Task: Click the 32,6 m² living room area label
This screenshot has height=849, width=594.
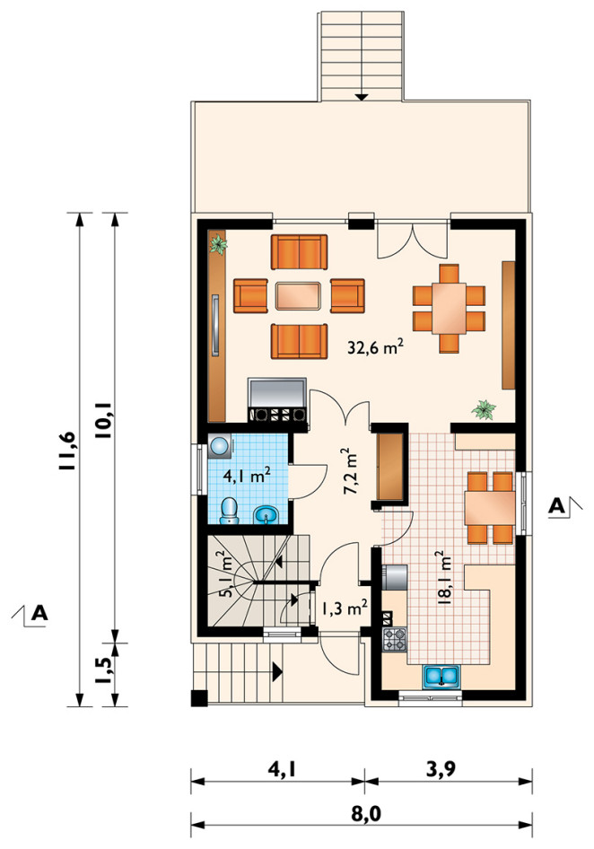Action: pyautogui.click(x=375, y=346)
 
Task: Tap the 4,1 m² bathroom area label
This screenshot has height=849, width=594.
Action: pyautogui.click(x=248, y=476)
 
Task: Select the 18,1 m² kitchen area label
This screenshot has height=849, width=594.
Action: pyautogui.click(x=443, y=577)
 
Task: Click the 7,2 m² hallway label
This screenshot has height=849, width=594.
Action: pyautogui.click(x=351, y=470)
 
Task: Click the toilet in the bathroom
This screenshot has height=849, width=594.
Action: pyautogui.click(x=229, y=512)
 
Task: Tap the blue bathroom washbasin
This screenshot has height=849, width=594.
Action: pyautogui.click(x=266, y=514)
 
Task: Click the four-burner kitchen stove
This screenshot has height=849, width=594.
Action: pyautogui.click(x=394, y=640)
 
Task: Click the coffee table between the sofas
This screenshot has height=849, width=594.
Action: pyautogui.click(x=299, y=295)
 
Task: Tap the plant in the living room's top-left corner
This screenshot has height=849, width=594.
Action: pyautogui.click(x=219, y=244)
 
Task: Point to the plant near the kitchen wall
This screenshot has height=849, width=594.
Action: pyautogui.click(x=484, y=409)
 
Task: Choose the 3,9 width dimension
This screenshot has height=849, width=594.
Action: pyautogui.click(x=441, y=769)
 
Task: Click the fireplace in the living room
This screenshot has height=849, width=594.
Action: pyautogui.click(x=277, y=400)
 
